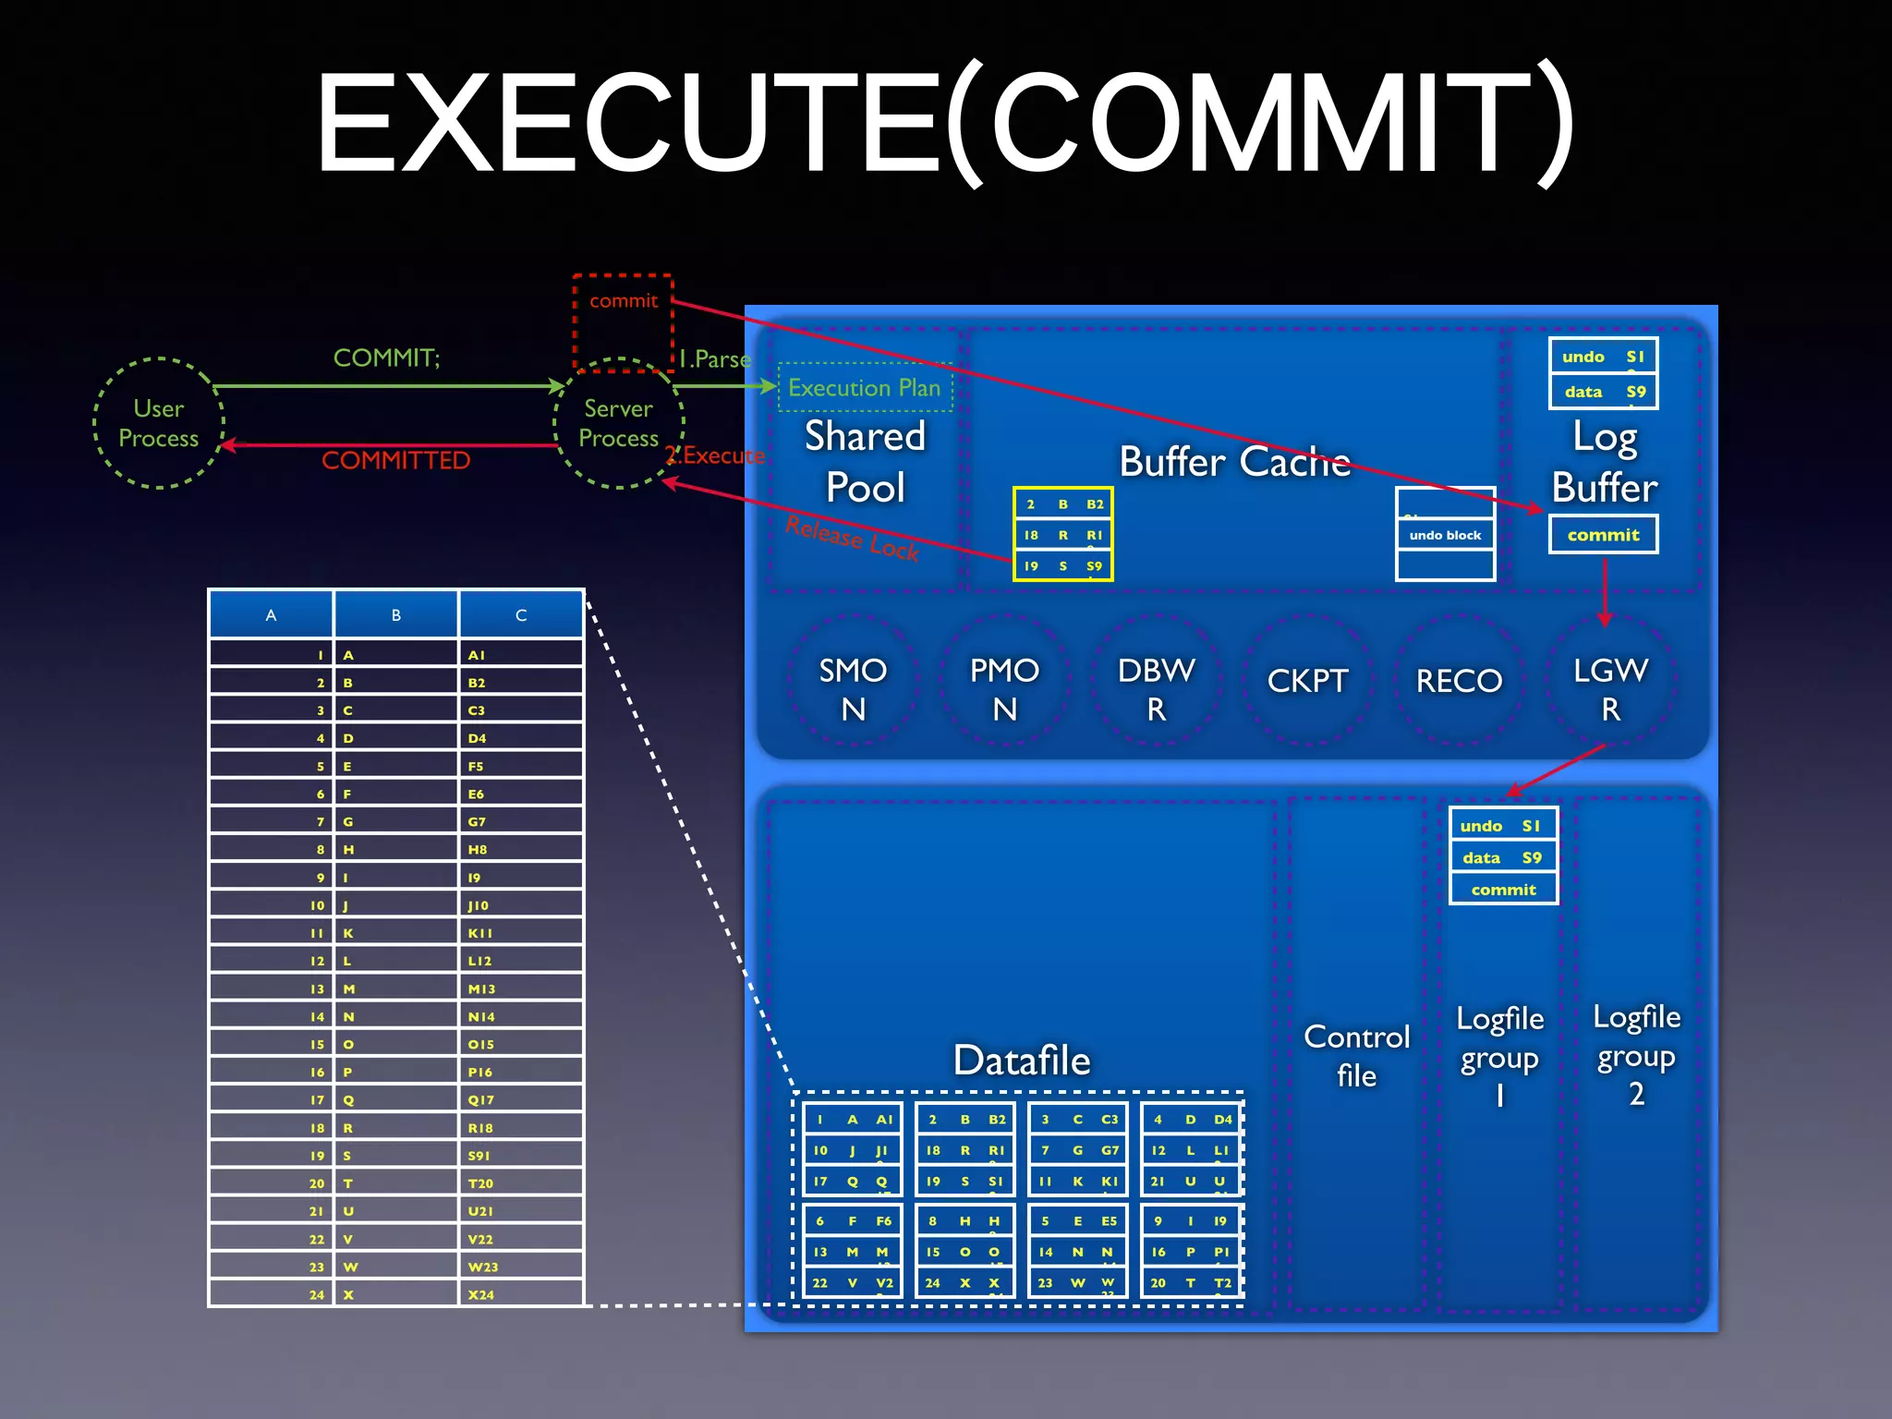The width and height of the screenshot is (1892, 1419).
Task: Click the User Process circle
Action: pos(158,423)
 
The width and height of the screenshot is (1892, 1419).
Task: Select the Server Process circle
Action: pos(618,423)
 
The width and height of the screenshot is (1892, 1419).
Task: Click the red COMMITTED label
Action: pos(395,460)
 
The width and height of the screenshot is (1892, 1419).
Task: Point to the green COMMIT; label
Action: pos(386,358)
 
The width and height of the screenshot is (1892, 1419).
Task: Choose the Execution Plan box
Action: pos(865,388)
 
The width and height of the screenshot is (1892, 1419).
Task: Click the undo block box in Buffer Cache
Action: pos(1445,535)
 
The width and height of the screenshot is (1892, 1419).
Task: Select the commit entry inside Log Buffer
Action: pos(1603,535)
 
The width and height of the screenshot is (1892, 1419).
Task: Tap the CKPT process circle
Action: pos(1307,681)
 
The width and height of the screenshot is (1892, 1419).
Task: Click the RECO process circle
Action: pos(1459,681)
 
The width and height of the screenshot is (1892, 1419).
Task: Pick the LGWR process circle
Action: pos(1610,688)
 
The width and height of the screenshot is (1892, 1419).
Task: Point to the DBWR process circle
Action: pos(1156,688)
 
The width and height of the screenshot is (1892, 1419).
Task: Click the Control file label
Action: pos(1356,1055)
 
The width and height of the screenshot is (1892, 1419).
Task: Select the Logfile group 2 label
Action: pos(1636,1055)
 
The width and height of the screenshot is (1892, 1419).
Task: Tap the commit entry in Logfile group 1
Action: pos(1503,890)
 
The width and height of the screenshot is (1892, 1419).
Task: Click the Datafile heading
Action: pos(1022,1060)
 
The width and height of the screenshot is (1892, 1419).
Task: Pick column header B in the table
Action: pos(396,615)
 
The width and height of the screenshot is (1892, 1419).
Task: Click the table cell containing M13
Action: pos(519,988)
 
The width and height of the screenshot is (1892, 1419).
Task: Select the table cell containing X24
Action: pos(519,1294)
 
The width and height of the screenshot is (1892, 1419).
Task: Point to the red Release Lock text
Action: pos(852,539)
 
